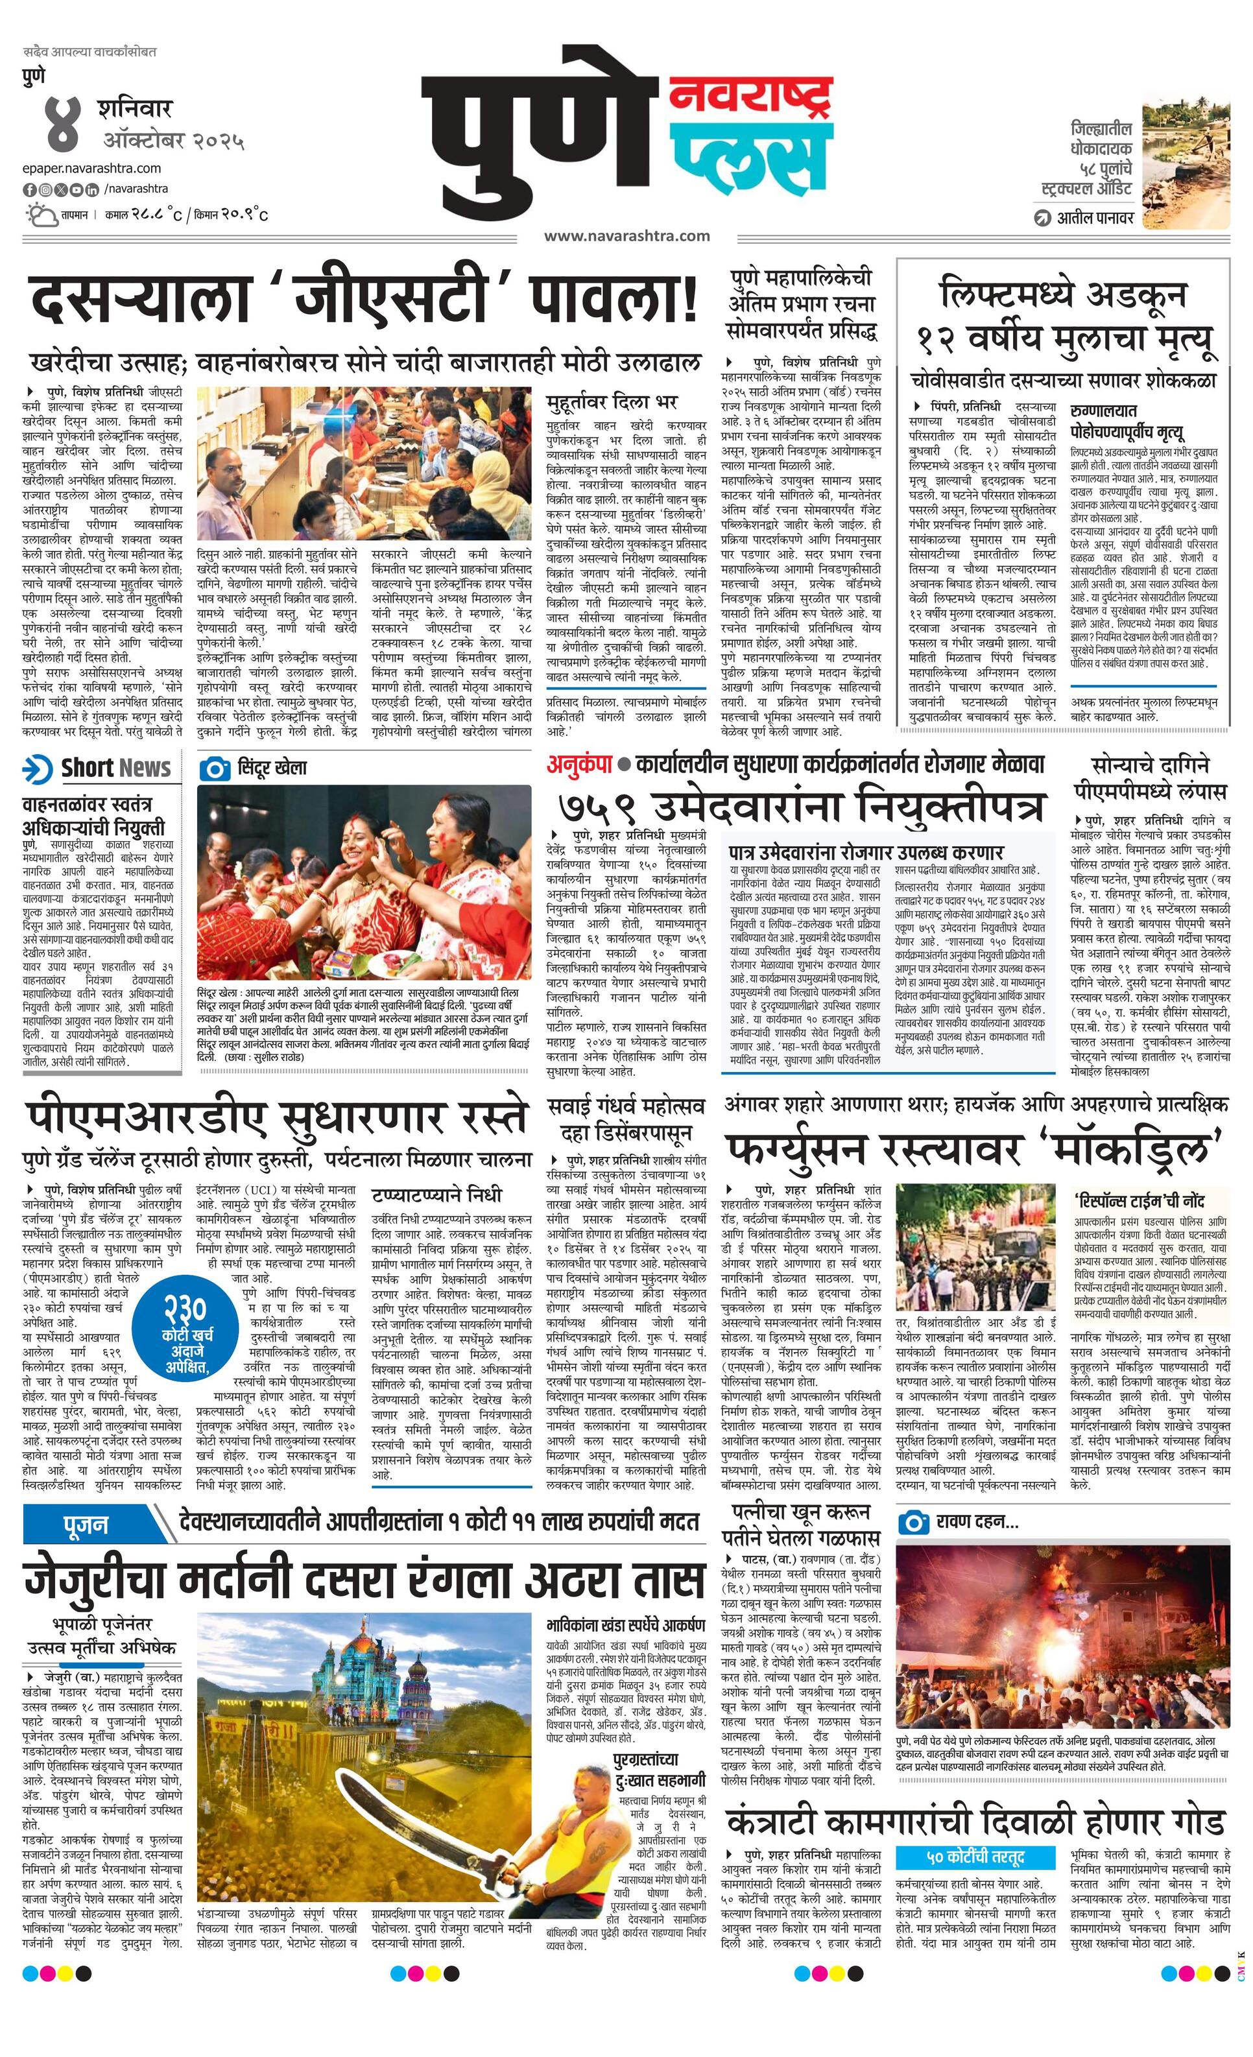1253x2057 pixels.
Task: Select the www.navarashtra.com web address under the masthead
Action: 627,236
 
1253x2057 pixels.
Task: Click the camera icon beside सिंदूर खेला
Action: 215,768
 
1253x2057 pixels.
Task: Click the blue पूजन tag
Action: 86,1525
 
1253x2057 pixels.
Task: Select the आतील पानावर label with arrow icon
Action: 1084,219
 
